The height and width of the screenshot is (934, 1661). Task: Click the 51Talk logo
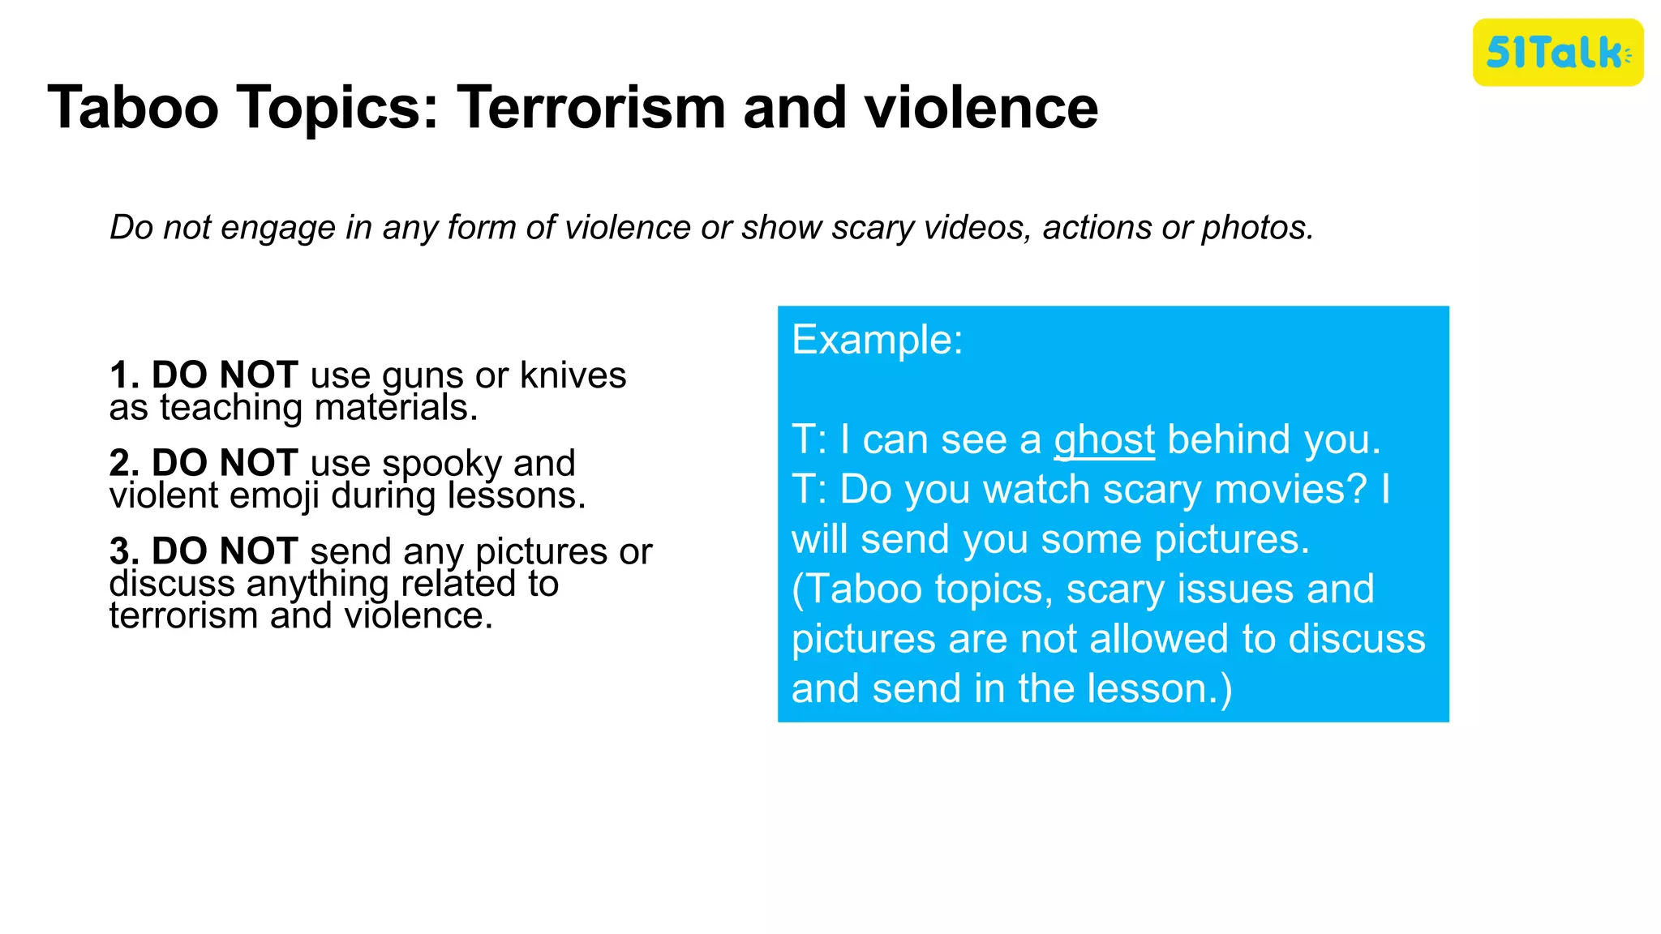coord(1557,53)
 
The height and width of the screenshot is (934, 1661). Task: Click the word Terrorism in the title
coord(591,108)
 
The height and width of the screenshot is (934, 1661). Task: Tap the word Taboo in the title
coord(133,108)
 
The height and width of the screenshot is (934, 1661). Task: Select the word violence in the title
coord(981,108)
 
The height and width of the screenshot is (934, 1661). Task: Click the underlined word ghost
coord(1104,440)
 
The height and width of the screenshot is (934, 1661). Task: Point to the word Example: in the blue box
coord(877,340)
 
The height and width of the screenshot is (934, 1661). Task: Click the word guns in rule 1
coord(423,376)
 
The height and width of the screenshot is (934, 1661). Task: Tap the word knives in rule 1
coord(573,375)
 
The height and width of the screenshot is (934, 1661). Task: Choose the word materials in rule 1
coord(395,408)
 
